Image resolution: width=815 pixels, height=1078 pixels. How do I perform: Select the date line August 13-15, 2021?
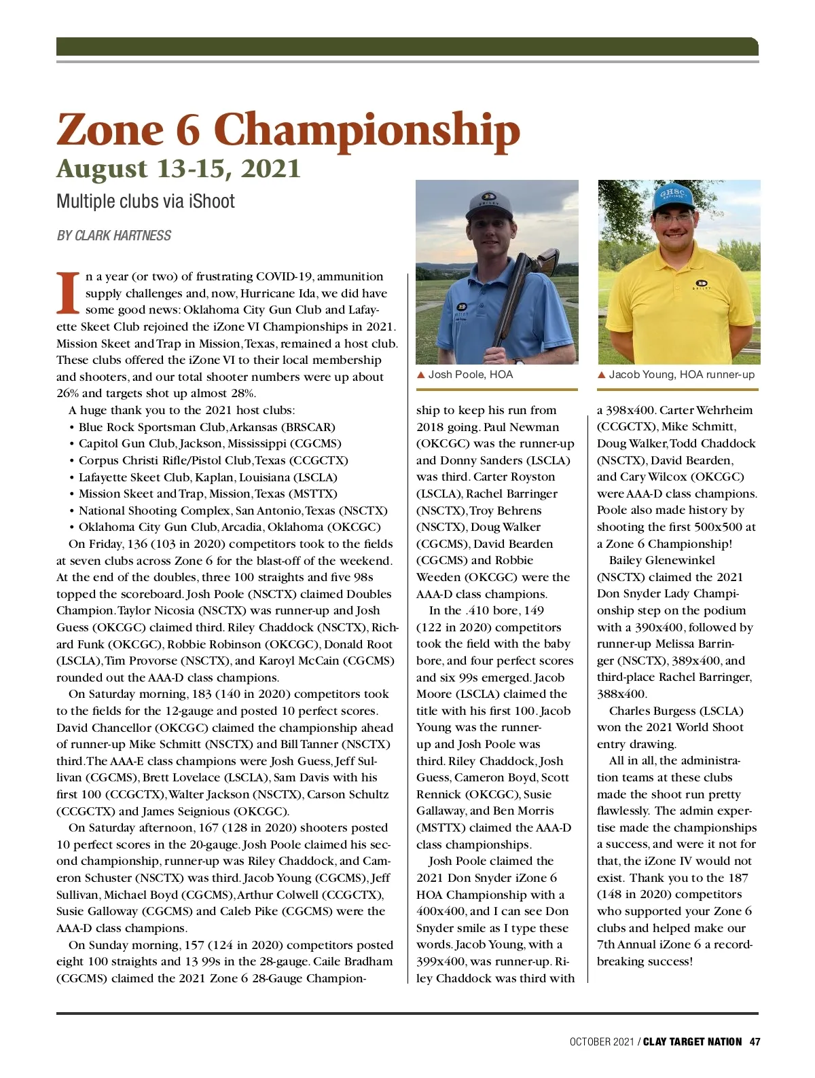[x=178, y=169]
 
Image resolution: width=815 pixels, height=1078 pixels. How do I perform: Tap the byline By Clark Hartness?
[x=114, y=236]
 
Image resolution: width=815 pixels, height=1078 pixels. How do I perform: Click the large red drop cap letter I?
[x=68, y=294]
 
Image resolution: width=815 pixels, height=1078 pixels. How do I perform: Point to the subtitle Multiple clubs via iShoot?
[x=145, y=202]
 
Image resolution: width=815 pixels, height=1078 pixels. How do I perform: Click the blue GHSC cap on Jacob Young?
[x=674, y=198]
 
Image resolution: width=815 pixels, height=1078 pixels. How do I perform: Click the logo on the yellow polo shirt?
[x=702, y=283]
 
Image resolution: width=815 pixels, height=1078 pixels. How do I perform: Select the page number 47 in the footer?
[x=755, y=1041]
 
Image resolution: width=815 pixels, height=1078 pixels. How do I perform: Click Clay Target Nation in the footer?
[x=692, y=1041]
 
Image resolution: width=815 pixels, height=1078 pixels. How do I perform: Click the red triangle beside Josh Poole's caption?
[x=420, y=375]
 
